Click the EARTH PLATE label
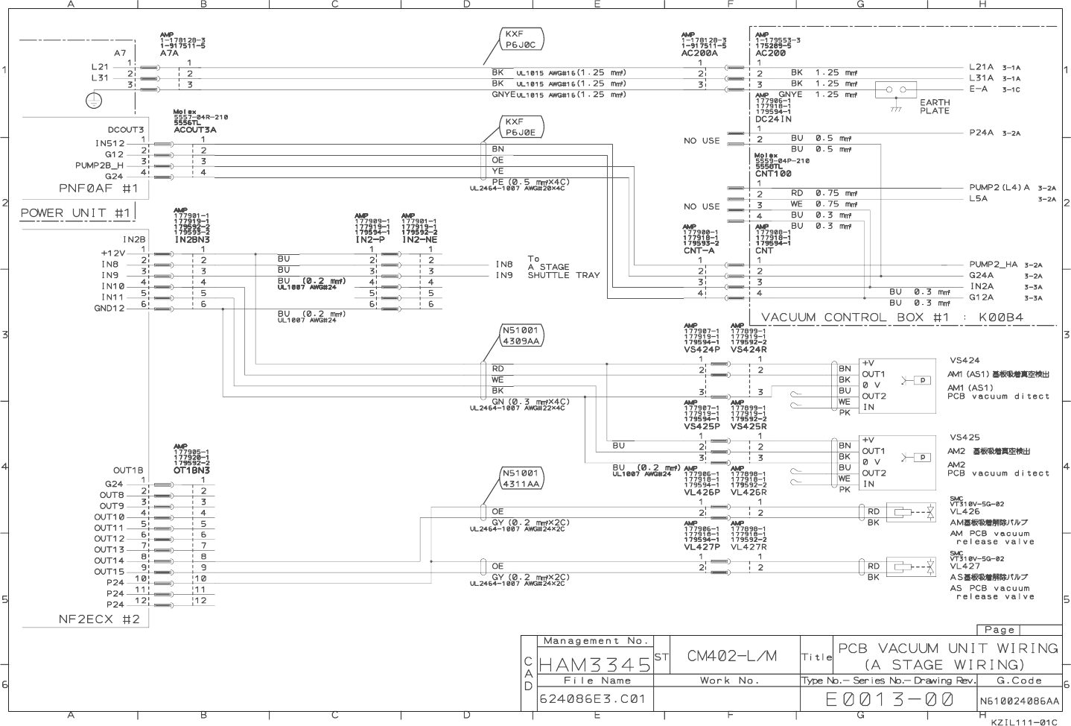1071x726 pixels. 934,107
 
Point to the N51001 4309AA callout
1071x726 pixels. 521,335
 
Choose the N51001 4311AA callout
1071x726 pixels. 521,479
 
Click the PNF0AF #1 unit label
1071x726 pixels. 98,189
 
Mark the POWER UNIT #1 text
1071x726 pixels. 75,213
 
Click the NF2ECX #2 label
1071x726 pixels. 99,619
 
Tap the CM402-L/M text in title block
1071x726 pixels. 731,656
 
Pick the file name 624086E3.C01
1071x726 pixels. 594,700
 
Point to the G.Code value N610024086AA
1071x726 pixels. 1019,701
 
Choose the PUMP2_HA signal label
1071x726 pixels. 994,265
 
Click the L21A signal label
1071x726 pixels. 982,67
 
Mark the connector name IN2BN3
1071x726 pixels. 192,240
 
